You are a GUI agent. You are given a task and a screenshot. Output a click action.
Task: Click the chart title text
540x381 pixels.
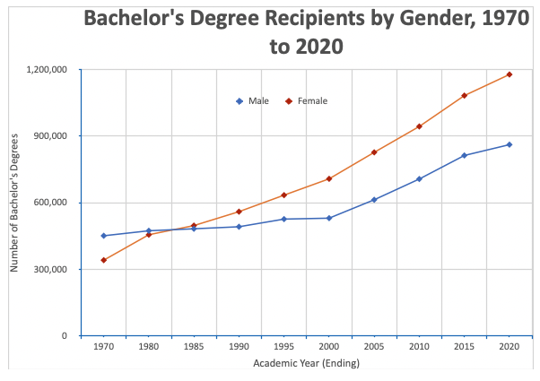coord(306,32)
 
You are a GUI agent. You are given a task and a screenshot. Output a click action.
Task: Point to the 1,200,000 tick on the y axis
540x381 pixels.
coord(48,70)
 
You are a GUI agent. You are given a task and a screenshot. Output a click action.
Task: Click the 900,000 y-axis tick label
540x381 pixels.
coord(52,136)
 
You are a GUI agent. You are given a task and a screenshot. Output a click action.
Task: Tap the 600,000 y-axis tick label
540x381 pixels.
coord(52,203)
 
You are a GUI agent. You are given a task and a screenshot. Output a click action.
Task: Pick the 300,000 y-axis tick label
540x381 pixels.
coord(52,269)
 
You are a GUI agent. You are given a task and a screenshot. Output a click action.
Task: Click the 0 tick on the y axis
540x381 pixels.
coord(64,336)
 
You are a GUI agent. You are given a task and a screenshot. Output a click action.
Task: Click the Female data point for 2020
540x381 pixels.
coord(510,74)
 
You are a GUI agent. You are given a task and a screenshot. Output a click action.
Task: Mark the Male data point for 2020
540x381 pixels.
coord(510,144)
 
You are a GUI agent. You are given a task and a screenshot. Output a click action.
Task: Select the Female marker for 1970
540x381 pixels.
coord(103,260)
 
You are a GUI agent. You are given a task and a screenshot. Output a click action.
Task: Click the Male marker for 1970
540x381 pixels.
coord(103,236)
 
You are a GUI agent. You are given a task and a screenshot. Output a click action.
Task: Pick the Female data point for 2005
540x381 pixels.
coord(374,152)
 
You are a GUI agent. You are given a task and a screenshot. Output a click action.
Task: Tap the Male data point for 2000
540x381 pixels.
coord(329,218)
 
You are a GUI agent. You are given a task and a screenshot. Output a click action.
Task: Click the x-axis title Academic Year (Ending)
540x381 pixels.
coord(306,364)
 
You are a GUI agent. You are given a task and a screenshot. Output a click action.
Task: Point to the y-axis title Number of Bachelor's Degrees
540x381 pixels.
coord(15,203)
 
